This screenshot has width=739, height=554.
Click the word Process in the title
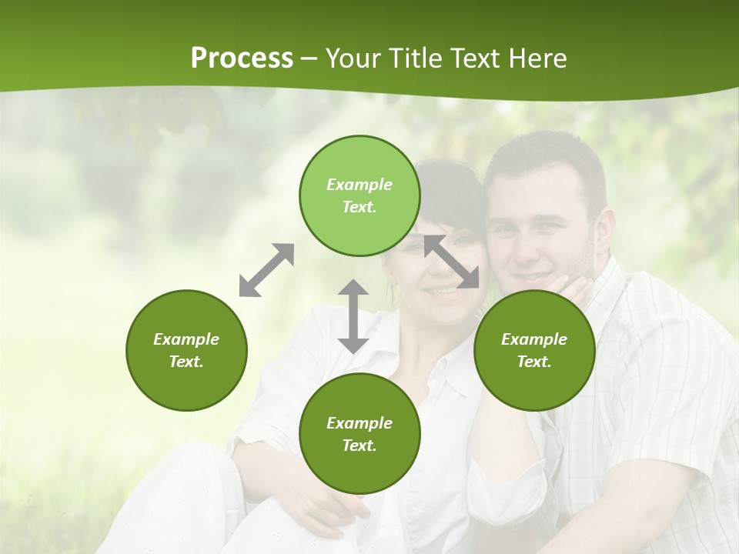[x=242, y=58]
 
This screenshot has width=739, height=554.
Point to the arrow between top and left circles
[x=266, y=270]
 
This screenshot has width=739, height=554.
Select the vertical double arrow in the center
[x=353, y=316]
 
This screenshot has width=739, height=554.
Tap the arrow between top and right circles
[x=452, y=262]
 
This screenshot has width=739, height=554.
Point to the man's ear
[x=606, y=231]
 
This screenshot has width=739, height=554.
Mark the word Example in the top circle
[x=359, y=185]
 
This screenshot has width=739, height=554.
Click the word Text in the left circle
[x=186, y=362]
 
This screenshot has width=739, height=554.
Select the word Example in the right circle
[x=534, y=339]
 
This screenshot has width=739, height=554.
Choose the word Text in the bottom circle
[x=359, y=446]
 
